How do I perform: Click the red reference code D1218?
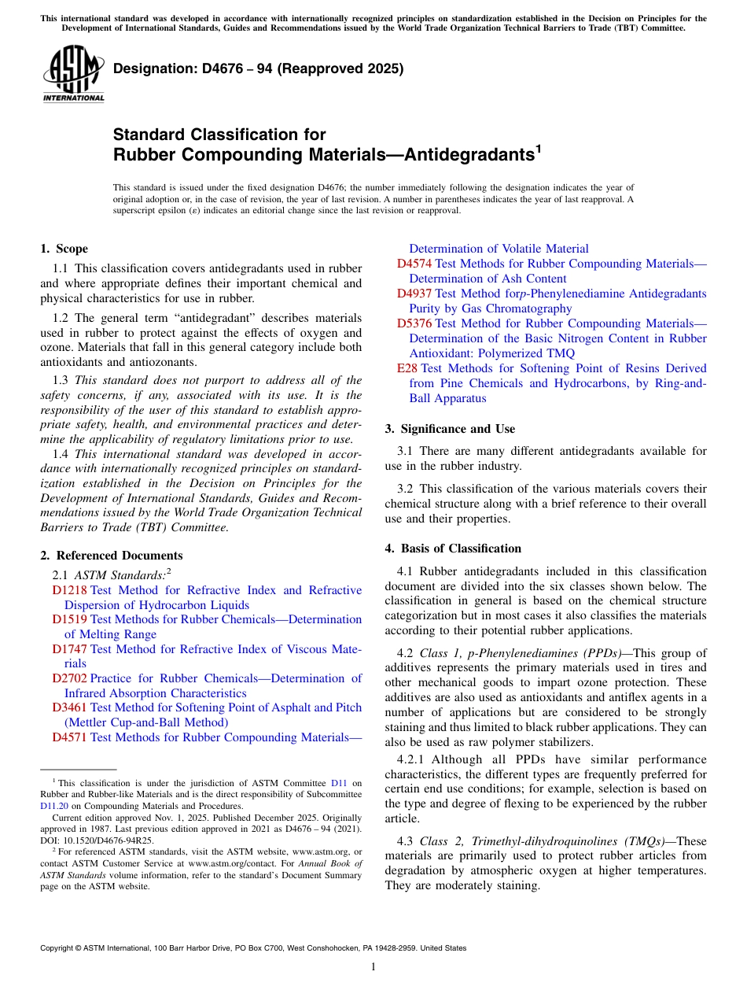pos(70,590)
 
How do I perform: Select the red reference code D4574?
pos(414,264)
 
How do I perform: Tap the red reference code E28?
pos(408,368)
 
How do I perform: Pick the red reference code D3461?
pos(70,707)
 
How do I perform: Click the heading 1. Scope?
pos(64,249)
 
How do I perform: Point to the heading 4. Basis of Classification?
pos(453,549)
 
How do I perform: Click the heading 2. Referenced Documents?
pos(111,556)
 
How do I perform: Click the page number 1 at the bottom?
pos(373,967)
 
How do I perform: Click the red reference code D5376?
pos(414,323)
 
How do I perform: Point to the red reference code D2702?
pos(70,678)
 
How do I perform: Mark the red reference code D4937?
pos(414,294)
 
